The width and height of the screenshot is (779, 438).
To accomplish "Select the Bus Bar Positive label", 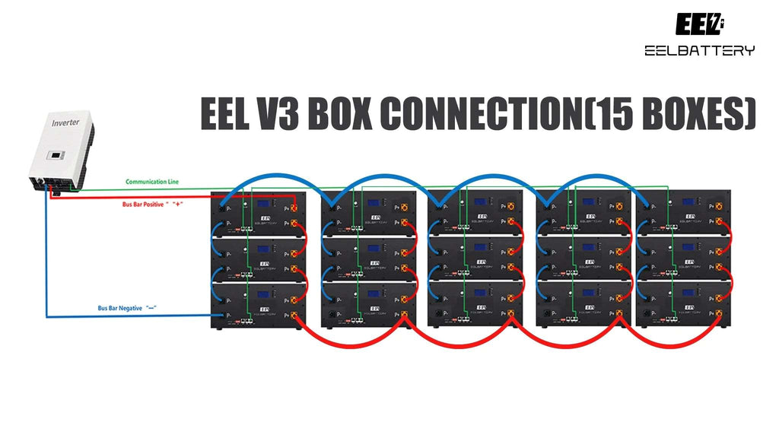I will pyautogui.click(x=150, y=204).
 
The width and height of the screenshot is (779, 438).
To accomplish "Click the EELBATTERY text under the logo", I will pyautogui.click(x=699, y=51).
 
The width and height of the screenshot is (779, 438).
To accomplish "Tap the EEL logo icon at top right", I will pyautogui.click(x=699, y=24).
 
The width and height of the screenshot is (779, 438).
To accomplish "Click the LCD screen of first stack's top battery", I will pyautogui.click(x=265, y=205).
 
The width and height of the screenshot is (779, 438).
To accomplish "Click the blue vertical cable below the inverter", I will pyautogui.click(x=46, y=259).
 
